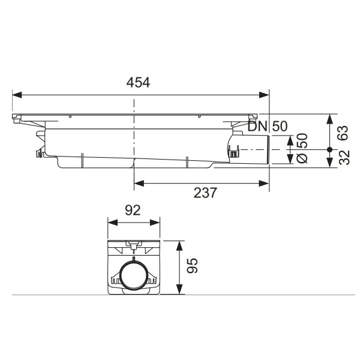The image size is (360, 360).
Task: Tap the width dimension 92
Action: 133,209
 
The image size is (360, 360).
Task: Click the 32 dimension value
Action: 343,159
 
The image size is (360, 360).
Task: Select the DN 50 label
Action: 269,126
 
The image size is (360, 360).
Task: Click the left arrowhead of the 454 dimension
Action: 17,95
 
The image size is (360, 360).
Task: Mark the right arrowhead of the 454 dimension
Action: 265,95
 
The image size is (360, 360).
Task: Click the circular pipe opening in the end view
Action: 133,277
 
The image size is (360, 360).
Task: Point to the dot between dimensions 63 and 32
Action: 329,149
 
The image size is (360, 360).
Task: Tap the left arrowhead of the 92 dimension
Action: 111,223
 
